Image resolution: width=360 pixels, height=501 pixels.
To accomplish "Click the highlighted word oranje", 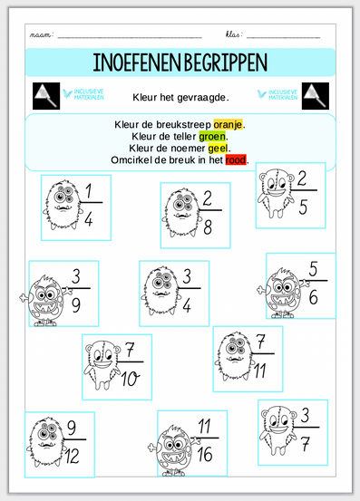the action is tap(228, 124).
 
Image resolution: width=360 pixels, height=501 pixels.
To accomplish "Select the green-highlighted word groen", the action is tap(212, 137).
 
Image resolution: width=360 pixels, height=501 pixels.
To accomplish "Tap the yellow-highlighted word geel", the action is tap(218, 149).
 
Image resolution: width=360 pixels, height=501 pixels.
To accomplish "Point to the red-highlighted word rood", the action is tap(236, 159).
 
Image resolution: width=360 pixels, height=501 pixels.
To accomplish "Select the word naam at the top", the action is tap(40, 34).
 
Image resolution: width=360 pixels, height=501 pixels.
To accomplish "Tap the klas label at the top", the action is tap(234, 34).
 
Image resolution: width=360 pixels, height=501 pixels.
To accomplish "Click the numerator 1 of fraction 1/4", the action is tap(89, 191).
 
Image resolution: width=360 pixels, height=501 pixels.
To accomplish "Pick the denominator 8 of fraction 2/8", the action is tap(208, 227).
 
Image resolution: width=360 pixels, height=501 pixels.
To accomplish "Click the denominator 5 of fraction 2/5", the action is tap(303, 207).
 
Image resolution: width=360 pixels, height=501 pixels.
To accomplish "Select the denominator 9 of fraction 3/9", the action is tap(76, 305).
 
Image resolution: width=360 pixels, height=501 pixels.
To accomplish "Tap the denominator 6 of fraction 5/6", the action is tap(314, 297).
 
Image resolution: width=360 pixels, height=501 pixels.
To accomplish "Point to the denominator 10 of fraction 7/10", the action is tap(130, 379).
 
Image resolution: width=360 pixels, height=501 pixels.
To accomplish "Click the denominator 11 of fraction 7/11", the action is tap(260, 371).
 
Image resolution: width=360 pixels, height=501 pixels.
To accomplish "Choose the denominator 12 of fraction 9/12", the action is tap(73, 456).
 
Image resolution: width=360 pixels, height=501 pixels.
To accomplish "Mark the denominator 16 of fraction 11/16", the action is tap(205, 454).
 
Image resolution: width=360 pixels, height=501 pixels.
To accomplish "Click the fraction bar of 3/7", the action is tap(306, 428).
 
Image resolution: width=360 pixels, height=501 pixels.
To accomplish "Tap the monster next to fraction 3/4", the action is tap(159, 290).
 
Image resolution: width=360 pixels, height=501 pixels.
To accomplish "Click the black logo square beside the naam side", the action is tap(46, 96).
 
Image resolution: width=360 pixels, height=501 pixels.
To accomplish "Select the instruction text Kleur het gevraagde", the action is tap(180, 97).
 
